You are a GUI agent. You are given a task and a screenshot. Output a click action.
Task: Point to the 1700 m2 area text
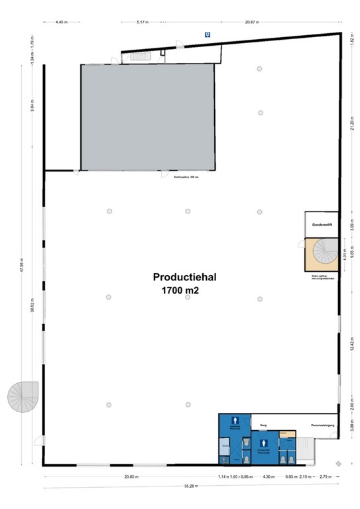(179, 290)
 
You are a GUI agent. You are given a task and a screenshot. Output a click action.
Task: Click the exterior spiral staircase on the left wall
(23, 397)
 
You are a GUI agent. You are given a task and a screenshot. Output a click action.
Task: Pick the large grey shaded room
(147, 118)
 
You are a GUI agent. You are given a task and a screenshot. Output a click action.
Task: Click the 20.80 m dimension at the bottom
(131, 477)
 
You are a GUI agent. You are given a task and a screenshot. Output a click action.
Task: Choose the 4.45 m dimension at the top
(62, 22)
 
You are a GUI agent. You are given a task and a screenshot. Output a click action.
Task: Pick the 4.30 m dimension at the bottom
(268, 477)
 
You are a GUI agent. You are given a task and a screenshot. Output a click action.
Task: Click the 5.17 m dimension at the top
(142, 22)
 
